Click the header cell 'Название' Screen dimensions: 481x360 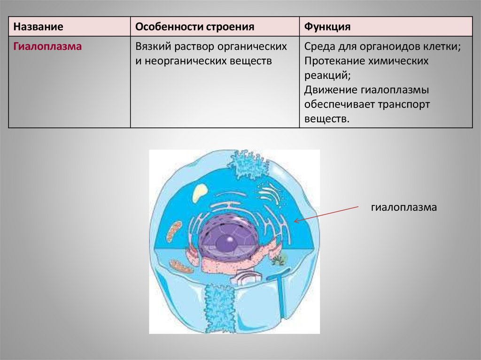click(x=39, y=27)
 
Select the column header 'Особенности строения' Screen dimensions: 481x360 click(x=195, y=27)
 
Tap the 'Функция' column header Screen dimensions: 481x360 click(x=327, y=27)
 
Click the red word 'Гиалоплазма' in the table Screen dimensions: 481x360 click(x=47, y=47)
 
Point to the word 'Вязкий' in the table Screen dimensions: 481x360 click(x=151, y=47)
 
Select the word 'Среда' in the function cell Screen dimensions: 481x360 click(x=319, y=47)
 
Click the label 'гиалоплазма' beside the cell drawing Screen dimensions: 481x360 click(x=404, y=207)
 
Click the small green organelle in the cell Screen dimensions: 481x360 click(x=279, y=258)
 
